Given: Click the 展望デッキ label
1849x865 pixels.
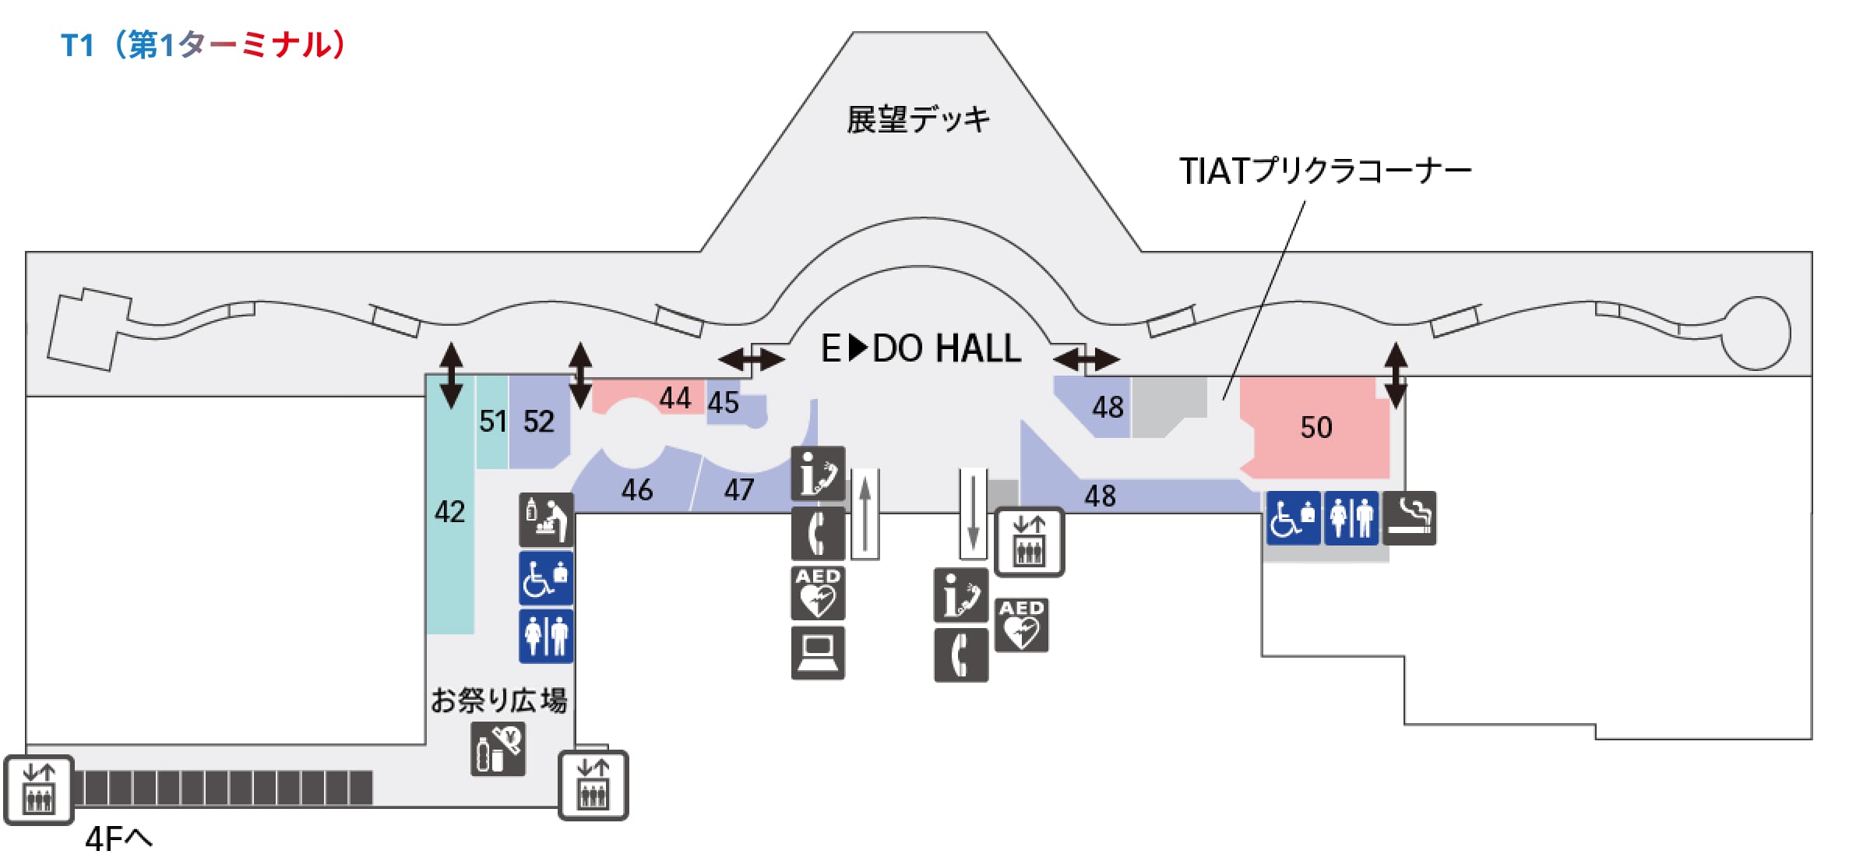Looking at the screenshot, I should (x=918, y=120).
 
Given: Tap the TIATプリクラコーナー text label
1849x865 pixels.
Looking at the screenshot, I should (x=1325, y=171).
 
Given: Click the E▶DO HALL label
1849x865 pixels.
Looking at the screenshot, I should (x=921, y=348).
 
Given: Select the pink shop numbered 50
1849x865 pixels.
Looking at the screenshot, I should (x=1315, y=427).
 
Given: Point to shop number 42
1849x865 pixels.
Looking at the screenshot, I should (x=449, y=512).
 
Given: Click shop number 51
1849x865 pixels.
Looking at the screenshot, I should (x=492, y=422).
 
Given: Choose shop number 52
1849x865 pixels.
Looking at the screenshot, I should (x=538, y=422).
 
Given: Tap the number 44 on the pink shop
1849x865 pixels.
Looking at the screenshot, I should (x=674, y=398).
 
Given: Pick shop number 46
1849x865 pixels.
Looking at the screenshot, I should (x=636, y=490).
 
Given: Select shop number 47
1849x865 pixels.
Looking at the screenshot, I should (x=738, y=490).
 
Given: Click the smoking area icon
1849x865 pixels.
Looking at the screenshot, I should (x=1410, y=517).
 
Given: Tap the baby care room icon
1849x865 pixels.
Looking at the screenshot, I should (x=546, y=519).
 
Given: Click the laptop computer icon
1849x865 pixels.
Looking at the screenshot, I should (x=818, y=652).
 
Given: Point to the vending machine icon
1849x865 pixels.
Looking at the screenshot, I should (x=498, y=749).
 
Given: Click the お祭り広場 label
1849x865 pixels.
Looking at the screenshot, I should (x=498, y=700).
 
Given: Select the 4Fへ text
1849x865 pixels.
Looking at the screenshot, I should (x=118, y=839).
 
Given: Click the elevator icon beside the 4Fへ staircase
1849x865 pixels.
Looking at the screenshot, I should (x=39, y=789).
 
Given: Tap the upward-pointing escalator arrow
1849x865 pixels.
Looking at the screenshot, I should (x=865, y=514).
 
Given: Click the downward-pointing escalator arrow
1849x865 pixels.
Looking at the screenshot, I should (x=973, y=514).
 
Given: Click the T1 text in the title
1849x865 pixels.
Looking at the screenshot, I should (x=77, y=45).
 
